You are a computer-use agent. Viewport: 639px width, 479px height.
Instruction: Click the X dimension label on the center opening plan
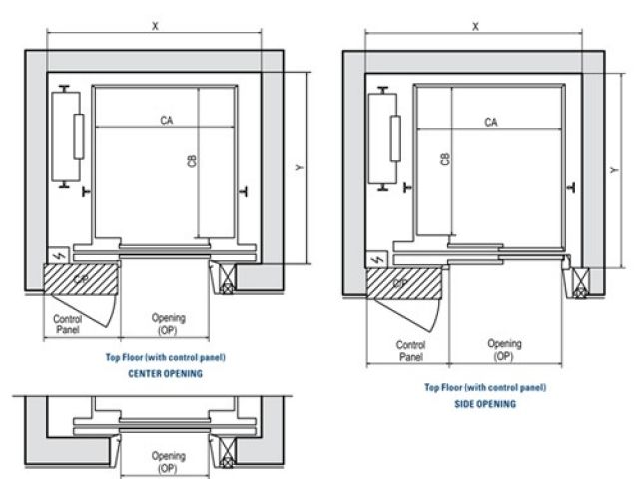pyautogui.click(x=156, y=25)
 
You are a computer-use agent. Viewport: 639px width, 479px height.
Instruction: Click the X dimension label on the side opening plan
pyautogui.click(x=476, y=27)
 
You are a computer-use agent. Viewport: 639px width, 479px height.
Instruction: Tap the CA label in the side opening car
pyautogui.click(x=491, y=122)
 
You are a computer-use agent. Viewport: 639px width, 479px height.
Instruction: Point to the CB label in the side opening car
pyautogui.click(x=445, y=159)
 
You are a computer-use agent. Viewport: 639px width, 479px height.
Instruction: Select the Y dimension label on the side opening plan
pyautogui.click(x=611, y=171)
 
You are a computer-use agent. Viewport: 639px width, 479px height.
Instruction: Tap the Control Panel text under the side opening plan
pyautogui.click(x=411, y=349)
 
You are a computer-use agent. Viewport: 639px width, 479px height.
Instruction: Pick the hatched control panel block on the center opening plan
pyautogui.click(x=79, y=279)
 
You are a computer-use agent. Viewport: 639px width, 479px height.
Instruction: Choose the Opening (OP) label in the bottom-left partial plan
pyautogui.click(x=168, y=461)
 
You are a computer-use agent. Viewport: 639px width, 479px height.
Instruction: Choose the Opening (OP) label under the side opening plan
pyautogui.click(x=504, y=349)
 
